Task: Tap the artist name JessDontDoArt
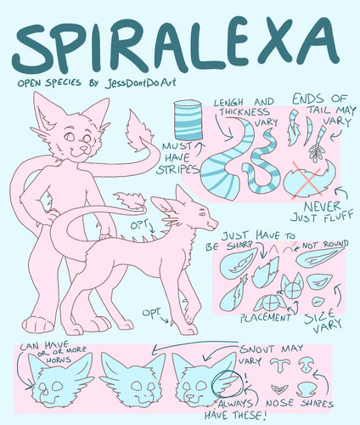point(140,82)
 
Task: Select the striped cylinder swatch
point(188,122)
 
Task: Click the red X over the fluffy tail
point(307,179)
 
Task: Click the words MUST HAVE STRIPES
point(177,158)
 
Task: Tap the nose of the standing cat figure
point(83,148)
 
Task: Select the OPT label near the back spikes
point(138,225)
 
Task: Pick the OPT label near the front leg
point(151,313)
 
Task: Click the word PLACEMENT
point(265,318)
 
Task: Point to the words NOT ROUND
point(324,245)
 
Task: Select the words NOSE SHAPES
point(300,404)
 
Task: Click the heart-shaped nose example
point(278,390)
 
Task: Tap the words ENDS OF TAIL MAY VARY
point(323,110)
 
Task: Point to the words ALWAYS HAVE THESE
point(235,410)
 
